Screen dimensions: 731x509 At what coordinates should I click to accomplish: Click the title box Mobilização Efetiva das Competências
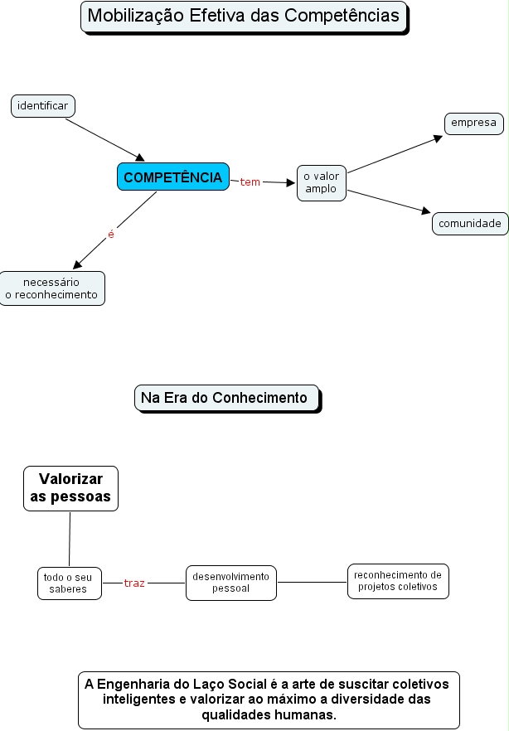click(244, 16)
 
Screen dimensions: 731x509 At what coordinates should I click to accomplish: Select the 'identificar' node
click(43, 106)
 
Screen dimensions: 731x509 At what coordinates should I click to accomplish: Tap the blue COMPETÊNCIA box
click(172, 177)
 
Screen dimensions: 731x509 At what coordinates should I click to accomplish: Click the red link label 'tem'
click(250, 182)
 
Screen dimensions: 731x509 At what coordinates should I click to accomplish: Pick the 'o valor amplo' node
click(322, 182)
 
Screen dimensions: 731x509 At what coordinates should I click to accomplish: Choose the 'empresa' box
click(473, 123)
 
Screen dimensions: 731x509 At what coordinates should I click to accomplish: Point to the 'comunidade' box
click(470, 224)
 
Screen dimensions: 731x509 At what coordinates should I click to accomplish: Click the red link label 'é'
click(111, 235)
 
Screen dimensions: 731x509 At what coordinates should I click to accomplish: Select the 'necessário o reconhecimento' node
click(51, 288)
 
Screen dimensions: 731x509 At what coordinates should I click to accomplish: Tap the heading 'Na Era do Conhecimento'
click(224, 398)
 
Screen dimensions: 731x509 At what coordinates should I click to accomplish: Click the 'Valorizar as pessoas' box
click(70, 487)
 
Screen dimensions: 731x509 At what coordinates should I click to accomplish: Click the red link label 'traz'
click(134, 583)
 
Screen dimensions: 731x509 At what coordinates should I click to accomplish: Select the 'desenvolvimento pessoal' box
click(230, 583)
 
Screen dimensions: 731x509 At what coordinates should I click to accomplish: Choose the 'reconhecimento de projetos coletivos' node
click(397, 580)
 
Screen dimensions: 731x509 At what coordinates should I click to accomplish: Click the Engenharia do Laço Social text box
click(268, 700)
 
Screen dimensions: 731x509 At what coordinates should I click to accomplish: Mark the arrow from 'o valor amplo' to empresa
click(394, 155)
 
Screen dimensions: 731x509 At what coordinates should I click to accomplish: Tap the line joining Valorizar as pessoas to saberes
click(70, 539)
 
